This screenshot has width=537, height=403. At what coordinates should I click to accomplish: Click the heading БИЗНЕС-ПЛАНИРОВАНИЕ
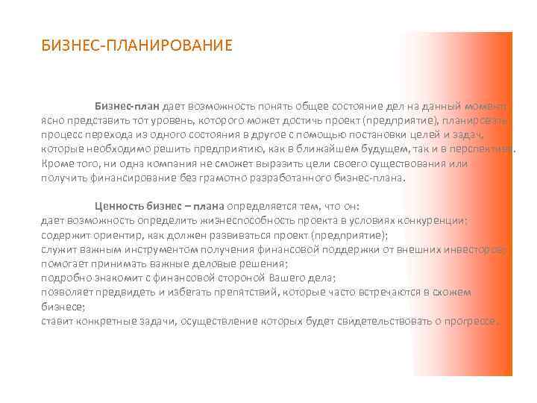click(x=137, y=46)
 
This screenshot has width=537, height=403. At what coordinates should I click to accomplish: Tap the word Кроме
click(x=57, y=163)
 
